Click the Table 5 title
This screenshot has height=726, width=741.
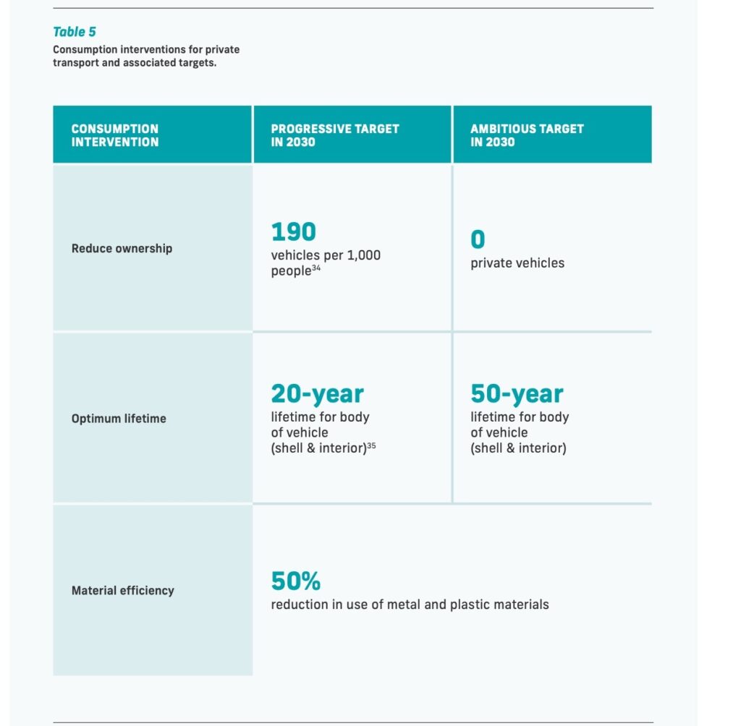coord(75,32)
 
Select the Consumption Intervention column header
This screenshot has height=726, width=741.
coord(114,135)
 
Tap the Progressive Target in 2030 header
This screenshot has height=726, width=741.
coord(334,135)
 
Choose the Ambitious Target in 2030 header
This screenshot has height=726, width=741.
coord(527,135)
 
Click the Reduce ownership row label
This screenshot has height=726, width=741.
coord(122,248)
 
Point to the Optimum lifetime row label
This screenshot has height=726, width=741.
coord(119,418)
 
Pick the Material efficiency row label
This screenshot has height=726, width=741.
coord(122,590)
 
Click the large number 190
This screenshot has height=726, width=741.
coord(293,232)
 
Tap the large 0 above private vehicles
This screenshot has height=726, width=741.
coord(478,240)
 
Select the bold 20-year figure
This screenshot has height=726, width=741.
coord(317,394)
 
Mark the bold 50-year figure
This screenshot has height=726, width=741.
coord(517,394)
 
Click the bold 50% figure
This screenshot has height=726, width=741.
coord(295,581)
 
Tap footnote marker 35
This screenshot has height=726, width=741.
coord(371,445)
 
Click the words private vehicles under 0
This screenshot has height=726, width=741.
coord(517,263)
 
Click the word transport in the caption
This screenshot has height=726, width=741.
coord(76,62)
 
